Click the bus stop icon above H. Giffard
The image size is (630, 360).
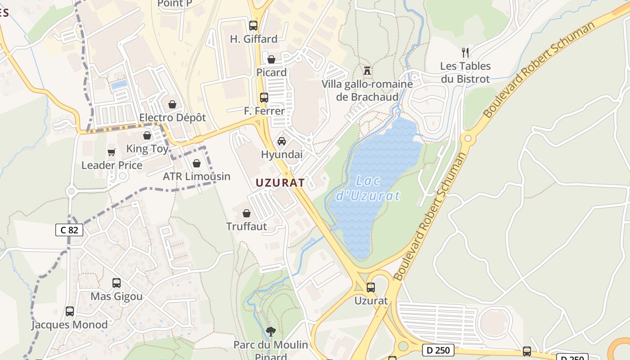[253, 26]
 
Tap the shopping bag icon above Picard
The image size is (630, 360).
[271, 59]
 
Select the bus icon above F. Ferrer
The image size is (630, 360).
[264, 98]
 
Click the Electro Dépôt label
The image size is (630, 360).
[172, 117]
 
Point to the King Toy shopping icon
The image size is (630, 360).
[147, 135]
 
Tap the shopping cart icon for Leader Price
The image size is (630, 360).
[111, 152]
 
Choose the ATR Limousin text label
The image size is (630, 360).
[196, 176]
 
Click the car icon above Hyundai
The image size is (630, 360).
[282, 141]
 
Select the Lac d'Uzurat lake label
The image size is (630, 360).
[368, 189]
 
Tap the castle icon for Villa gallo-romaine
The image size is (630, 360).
[367, 71]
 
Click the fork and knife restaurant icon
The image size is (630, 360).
[465, 53]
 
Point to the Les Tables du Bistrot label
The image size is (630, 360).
[465, 72]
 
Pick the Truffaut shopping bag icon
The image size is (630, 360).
[247, 213]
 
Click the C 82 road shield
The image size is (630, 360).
[69, 230]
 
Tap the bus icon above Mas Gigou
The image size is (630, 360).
[117, 283]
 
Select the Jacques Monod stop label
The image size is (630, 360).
[69, 324]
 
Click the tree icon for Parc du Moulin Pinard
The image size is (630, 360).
[271, 332]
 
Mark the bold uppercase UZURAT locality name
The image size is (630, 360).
[280, 183]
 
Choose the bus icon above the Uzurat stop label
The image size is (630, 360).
[371, 287]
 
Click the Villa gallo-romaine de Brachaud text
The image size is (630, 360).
[367, 90]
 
